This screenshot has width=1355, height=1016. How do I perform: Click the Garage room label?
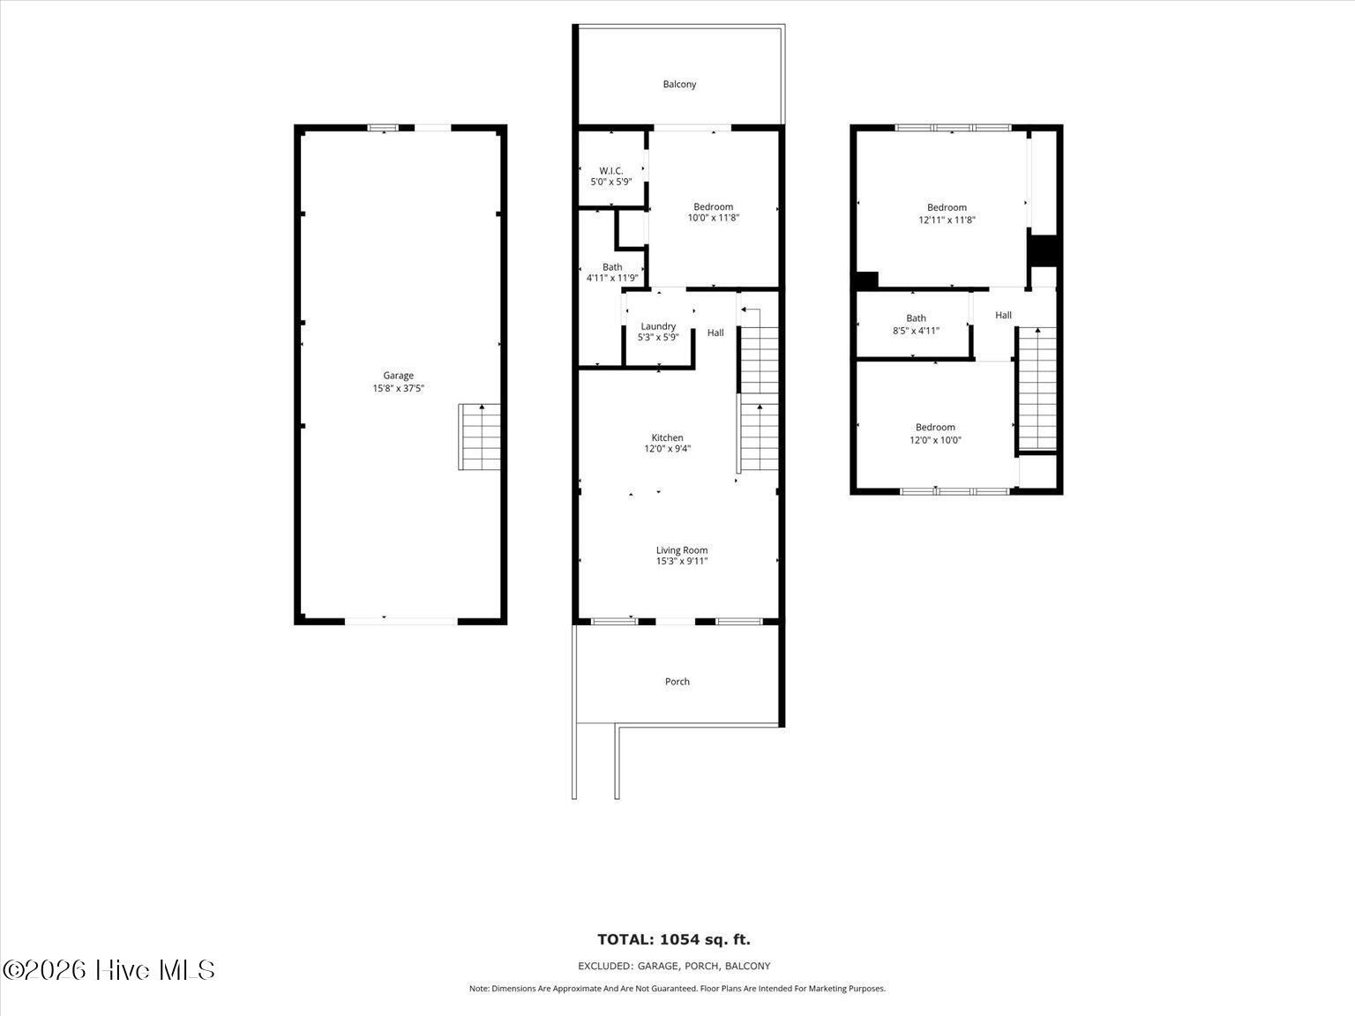[x=398, y=375]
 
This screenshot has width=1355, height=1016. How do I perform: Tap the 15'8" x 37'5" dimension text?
[x=398, y=388]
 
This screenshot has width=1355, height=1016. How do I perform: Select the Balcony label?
[x=679, y=84]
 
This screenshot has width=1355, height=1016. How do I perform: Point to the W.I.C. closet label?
[x=611, y=171]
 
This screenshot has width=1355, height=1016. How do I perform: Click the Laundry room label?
[x=658, y=326]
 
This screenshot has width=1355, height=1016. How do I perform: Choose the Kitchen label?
[x=667, y=437]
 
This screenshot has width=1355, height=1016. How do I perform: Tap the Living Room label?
[x=682, y=549]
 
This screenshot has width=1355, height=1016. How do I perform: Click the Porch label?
[x=677, y=682]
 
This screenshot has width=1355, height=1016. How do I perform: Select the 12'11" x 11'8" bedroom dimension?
[x=947, y=220]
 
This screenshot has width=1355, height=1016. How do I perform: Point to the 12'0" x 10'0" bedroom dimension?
[x=935, y=440]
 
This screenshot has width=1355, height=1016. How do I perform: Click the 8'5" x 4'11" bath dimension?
[x=916, y=331]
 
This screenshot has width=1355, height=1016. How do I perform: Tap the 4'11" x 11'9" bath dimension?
[x=611, y=278]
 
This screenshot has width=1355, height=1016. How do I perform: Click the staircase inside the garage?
[x=479, y=437]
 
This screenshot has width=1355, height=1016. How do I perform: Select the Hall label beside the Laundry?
[x=715, y=332]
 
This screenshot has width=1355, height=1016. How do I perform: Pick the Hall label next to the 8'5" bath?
[x=1003, y=315]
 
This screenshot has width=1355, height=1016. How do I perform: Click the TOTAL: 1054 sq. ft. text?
[x=674, y=939]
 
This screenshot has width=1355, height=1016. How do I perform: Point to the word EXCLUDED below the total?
[x=605, y=966]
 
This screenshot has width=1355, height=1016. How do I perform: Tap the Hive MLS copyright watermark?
[x=109, y=970]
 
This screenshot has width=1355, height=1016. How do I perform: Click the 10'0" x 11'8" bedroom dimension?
[x=714, y=218]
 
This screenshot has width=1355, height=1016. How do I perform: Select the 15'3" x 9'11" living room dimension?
[x=682, y=562]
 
